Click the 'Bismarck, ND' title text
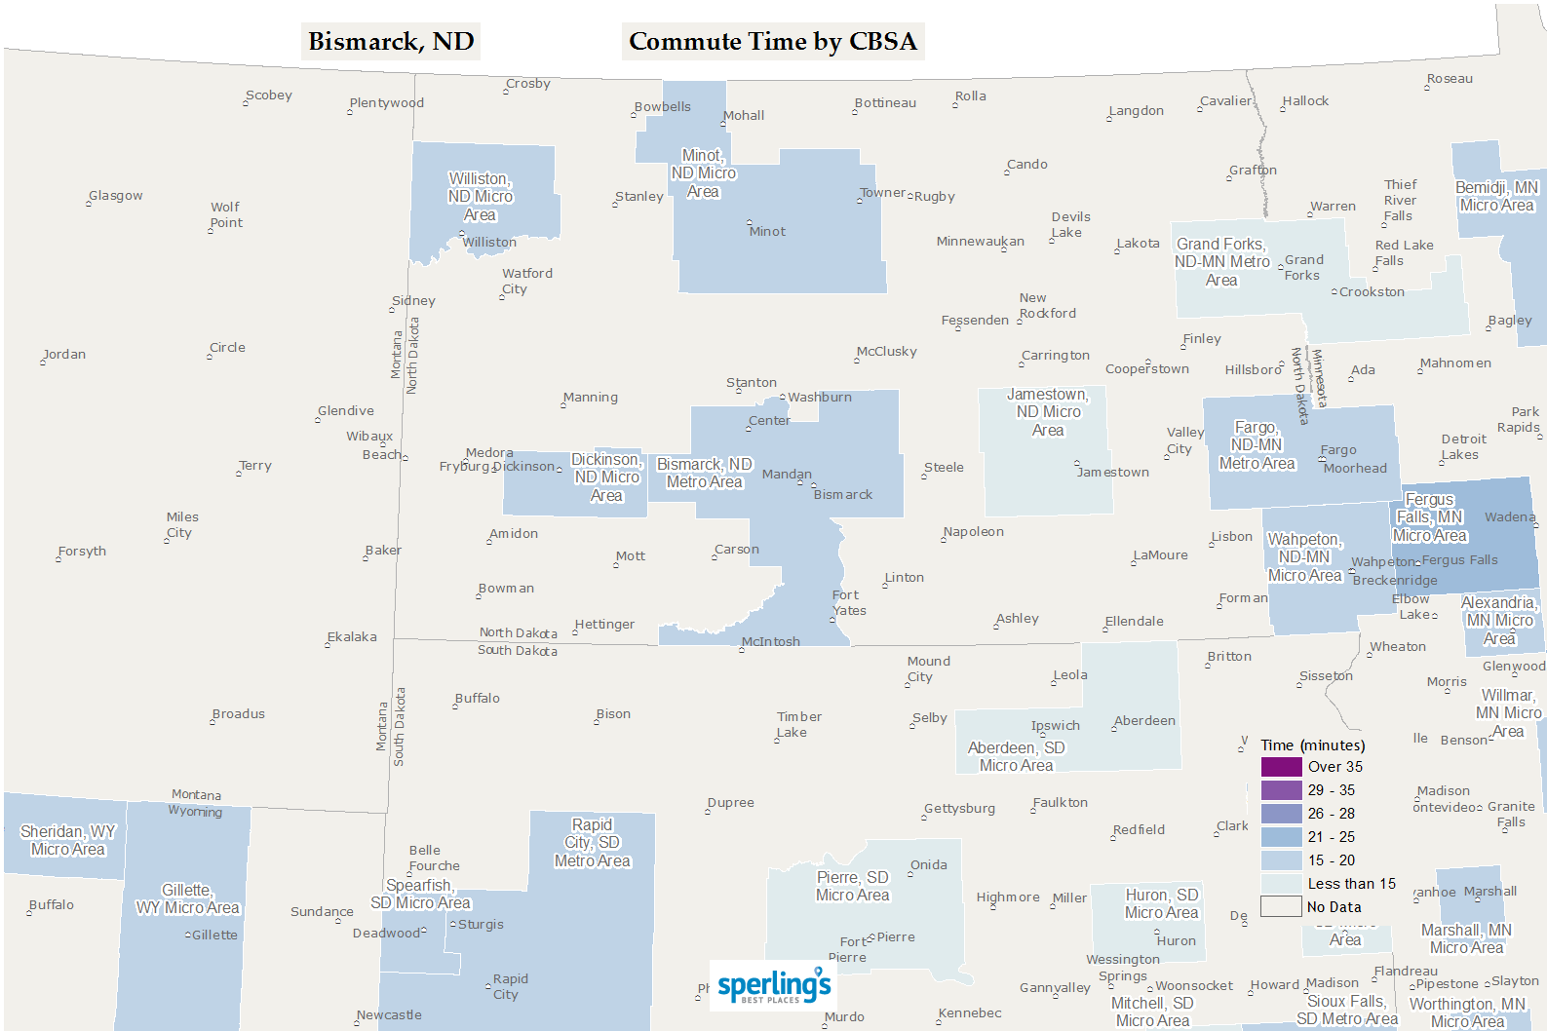[x=391, y=42]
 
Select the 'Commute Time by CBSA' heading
[x=773, y=42]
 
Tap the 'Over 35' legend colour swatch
[x=1281, y=767]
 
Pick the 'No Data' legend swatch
[x=1281, y=906]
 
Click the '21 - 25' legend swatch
[x=1281, y=837]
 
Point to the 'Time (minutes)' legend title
[x=1312, y=745]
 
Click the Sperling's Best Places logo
[x=773, y=986]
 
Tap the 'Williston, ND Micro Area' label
[x=480, y=197]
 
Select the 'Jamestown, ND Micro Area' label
[x=1048, y=412]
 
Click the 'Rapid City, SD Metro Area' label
[x=592, y=843]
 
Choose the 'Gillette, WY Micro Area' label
[x=187, y=898]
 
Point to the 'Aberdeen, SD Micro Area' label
[x=1016, y=756]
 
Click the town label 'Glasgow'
[x=116, y=196]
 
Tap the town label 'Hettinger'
[x=604, y=625]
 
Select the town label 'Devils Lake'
[x=1070, y=225]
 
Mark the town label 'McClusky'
[x=887, y=352]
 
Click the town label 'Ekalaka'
[x=352, y=637]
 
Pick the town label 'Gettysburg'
[x=960, y=809]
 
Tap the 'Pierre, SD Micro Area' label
[x=852, y=886]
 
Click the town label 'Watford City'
[x=526, y=282]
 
